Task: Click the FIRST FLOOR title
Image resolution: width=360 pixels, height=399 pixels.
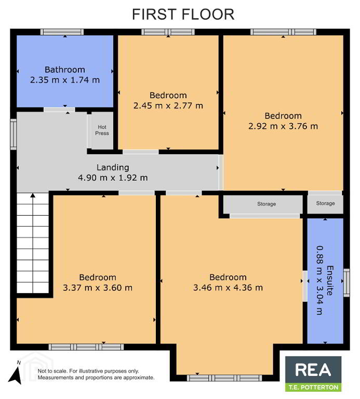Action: click(x=183, y=14)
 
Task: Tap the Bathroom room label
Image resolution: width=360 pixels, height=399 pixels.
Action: click(x=65, y=70)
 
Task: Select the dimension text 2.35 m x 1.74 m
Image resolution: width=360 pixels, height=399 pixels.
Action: click(x=65, y=80)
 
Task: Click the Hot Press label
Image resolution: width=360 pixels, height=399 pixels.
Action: click(x=102, y=130)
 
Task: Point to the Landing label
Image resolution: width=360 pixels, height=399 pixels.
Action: click(x=113, y=167)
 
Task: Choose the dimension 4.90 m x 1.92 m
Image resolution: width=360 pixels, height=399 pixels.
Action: click(x=113, y=178)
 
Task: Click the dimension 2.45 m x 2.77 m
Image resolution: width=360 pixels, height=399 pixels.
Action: click(x=168, y=105)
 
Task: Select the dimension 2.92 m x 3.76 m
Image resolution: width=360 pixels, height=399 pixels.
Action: click(x=283, y=126)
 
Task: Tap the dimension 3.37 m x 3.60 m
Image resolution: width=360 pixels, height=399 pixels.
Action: click(x=98, y=288)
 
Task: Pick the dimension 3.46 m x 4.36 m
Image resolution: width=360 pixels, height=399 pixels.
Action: click(x=228, y=288)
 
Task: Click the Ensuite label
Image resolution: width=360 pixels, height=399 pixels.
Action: click(x=330, y=281)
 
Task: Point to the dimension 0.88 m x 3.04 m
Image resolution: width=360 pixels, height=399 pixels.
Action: click(x=319, y=281)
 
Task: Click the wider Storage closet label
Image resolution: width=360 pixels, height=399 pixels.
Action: click(x=266, y=204)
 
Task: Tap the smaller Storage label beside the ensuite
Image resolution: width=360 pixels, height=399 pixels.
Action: click(x=325, y=203)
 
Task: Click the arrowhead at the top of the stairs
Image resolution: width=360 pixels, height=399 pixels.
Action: click(x=33, y=195)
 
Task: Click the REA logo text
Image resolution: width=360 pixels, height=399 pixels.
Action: click(x=313, y=370)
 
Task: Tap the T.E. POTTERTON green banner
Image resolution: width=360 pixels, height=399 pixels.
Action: click(x=313, y=387)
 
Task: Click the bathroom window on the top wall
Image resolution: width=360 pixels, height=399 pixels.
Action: click(x=62, y=32)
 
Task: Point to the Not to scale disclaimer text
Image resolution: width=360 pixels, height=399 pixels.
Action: click(x=96, y=374)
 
